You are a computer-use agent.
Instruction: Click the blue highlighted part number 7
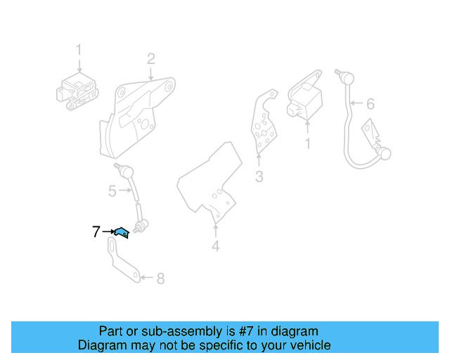pos(122,232)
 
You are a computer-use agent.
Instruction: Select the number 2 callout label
pos(150,58)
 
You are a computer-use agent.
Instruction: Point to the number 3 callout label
pos(259,177)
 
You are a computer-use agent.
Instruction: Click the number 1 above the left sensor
pos(79,50)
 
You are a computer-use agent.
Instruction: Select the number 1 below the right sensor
pos(307,144)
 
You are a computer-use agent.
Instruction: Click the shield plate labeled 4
pos(211,183)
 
